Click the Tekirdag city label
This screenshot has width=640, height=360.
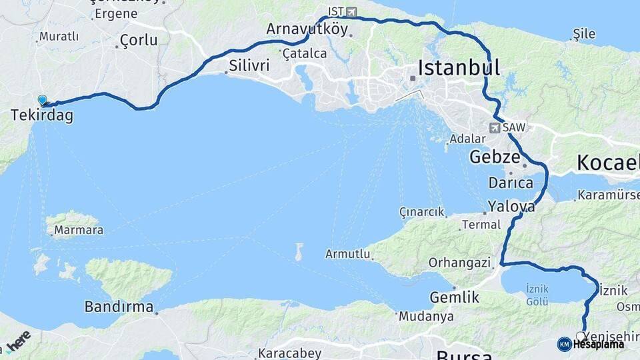pos(41,116)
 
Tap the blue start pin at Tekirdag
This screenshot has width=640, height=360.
pos(43,101)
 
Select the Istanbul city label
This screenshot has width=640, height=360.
pos(459,67)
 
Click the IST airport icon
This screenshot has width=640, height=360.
pos(351,12)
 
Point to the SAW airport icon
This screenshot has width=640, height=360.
pos(495,127)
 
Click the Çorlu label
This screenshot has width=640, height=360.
pos(139,40)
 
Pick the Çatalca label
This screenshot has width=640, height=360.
pos(304,53)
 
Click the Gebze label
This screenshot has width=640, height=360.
pos(494,157)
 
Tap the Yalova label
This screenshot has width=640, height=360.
pos(511,205)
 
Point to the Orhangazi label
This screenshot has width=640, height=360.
pos(459,263)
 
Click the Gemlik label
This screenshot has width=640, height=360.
pos(455,297)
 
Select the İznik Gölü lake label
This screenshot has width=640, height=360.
pos(537,295)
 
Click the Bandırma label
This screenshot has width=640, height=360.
pos(119,307)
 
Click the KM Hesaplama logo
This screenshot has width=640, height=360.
pos(591,344)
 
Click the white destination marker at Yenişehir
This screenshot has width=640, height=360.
pos(581,336)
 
